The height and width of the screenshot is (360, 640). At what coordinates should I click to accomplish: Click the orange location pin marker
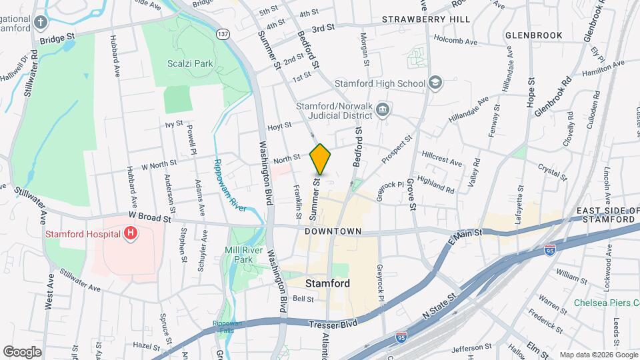320,159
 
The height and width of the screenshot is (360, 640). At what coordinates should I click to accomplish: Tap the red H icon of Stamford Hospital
131,234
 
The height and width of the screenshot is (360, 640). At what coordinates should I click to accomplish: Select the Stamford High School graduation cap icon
435,83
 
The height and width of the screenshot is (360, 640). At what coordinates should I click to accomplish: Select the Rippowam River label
230,185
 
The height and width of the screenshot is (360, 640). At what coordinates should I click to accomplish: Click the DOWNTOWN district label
333,231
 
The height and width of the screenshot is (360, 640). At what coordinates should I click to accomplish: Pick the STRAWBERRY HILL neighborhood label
426,20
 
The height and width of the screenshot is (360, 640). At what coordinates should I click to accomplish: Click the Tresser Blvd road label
333,324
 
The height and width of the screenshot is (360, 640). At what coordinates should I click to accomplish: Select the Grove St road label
411,193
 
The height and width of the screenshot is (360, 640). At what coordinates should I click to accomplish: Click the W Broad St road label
150,217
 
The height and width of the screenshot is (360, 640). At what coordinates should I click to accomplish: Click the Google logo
22,351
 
